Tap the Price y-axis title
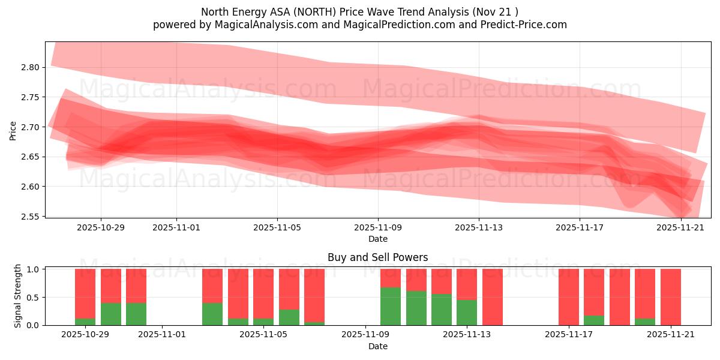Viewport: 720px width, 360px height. pyautogui.click(x=13, y=130)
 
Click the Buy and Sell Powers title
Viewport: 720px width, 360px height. pyautogui.click(x=378, y=257)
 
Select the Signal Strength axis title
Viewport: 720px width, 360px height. pyautogui.click(x=18, y=296)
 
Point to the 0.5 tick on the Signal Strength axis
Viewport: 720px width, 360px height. pyautogui.click(x=34, y=297)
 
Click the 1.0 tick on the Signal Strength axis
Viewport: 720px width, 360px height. pyautogui.click(x=34, y=269)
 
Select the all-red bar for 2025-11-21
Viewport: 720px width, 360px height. pyautogui.click(x=670, y=297)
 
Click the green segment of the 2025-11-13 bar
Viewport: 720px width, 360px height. pyautogui.click(x=467, y=312)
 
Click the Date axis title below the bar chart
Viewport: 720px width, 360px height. pyautogui.click(x=378, y=346)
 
